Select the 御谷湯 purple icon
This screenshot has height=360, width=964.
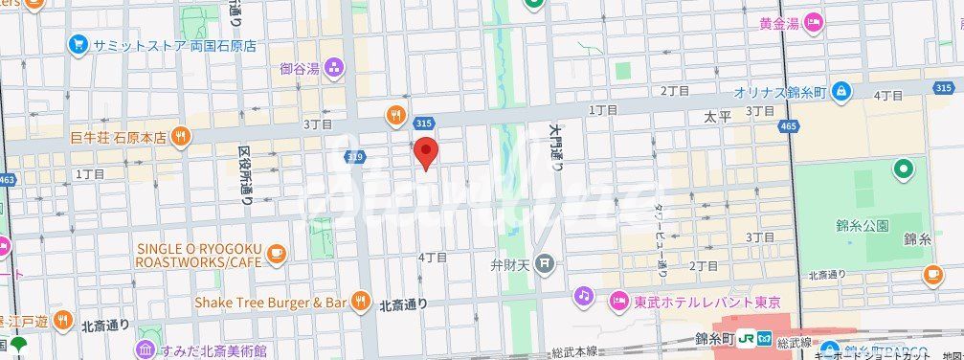coord(334,67)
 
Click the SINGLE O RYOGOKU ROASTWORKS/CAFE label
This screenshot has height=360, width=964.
coord(198,255)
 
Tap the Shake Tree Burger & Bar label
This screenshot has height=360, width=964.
coord(270,302)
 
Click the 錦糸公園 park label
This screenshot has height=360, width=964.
coord(863,226)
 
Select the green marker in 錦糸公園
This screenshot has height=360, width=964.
coord(902,171)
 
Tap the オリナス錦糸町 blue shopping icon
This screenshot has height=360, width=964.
coord(841,92)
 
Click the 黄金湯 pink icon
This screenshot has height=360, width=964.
coord(814,23)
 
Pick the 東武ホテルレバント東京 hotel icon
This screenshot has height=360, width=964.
coord(618,301)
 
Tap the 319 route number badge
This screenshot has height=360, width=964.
coord(355,156)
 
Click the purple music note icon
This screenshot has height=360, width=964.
coord(583,296)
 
